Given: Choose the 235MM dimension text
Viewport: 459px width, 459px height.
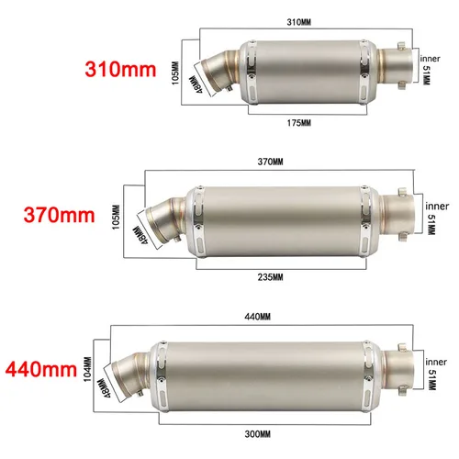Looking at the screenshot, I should [272, 275].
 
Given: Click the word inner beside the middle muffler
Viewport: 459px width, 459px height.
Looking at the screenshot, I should [437, 204].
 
